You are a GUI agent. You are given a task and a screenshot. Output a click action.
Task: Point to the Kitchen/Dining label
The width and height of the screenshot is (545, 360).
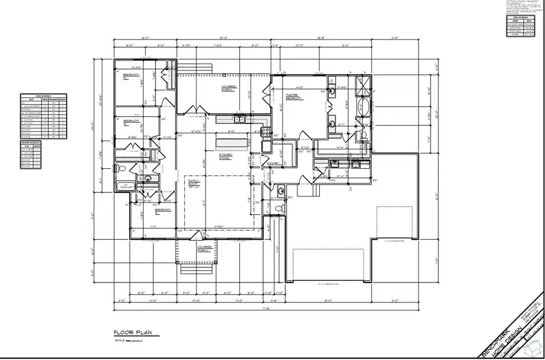(x=210, y=156)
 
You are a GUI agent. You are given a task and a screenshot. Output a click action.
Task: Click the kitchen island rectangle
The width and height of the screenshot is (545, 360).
(x=233, y=142)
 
